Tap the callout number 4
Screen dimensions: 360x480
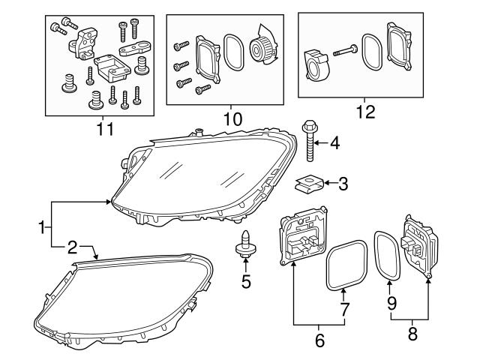click(334, 142)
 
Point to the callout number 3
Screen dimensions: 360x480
click(343, 182)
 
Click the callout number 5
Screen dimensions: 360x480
click(245, 283)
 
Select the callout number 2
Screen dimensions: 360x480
click(72, 246)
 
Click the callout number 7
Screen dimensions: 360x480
click(344, 309)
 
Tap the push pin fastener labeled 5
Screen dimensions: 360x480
click(245, 244)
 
